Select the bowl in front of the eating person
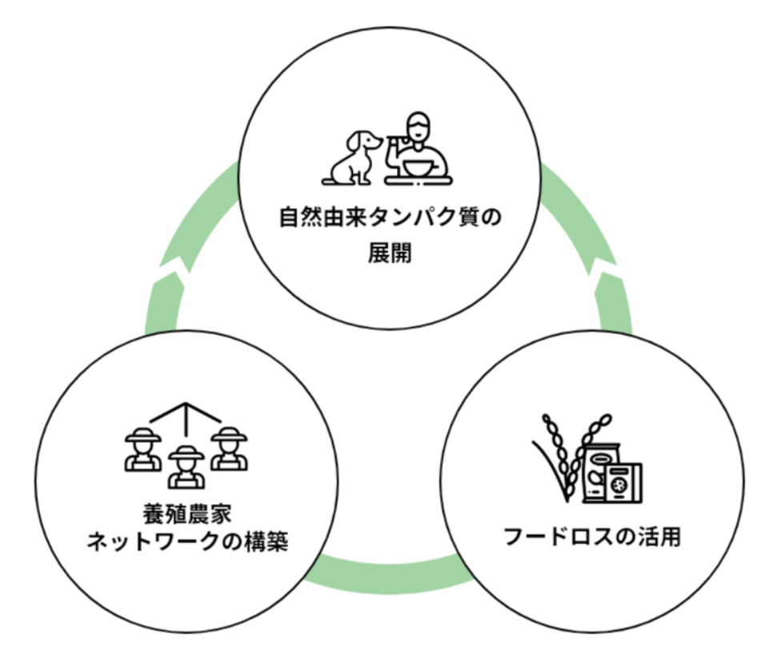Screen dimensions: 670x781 click(419, 169)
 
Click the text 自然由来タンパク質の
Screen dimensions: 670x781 click(390, 217)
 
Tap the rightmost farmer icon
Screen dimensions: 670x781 click(230, 449)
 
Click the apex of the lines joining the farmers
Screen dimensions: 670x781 click(186, 405)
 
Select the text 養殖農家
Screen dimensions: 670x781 click(186, 512)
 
